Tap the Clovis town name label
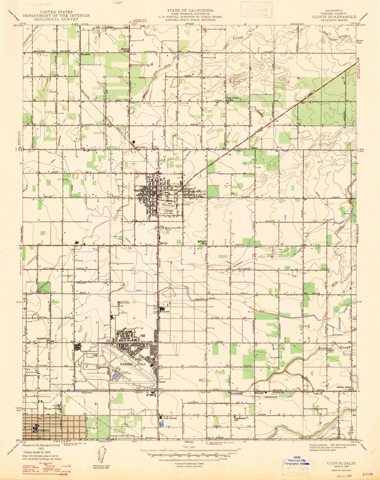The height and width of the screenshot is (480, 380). (168, 211)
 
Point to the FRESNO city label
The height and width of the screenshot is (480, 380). (45, 431)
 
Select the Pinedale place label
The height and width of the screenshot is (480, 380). (86, 54)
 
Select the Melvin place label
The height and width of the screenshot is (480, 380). (164, 243)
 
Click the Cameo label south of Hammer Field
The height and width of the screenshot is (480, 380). (162, 382)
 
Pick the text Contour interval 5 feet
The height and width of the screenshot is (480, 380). (189, 464)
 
